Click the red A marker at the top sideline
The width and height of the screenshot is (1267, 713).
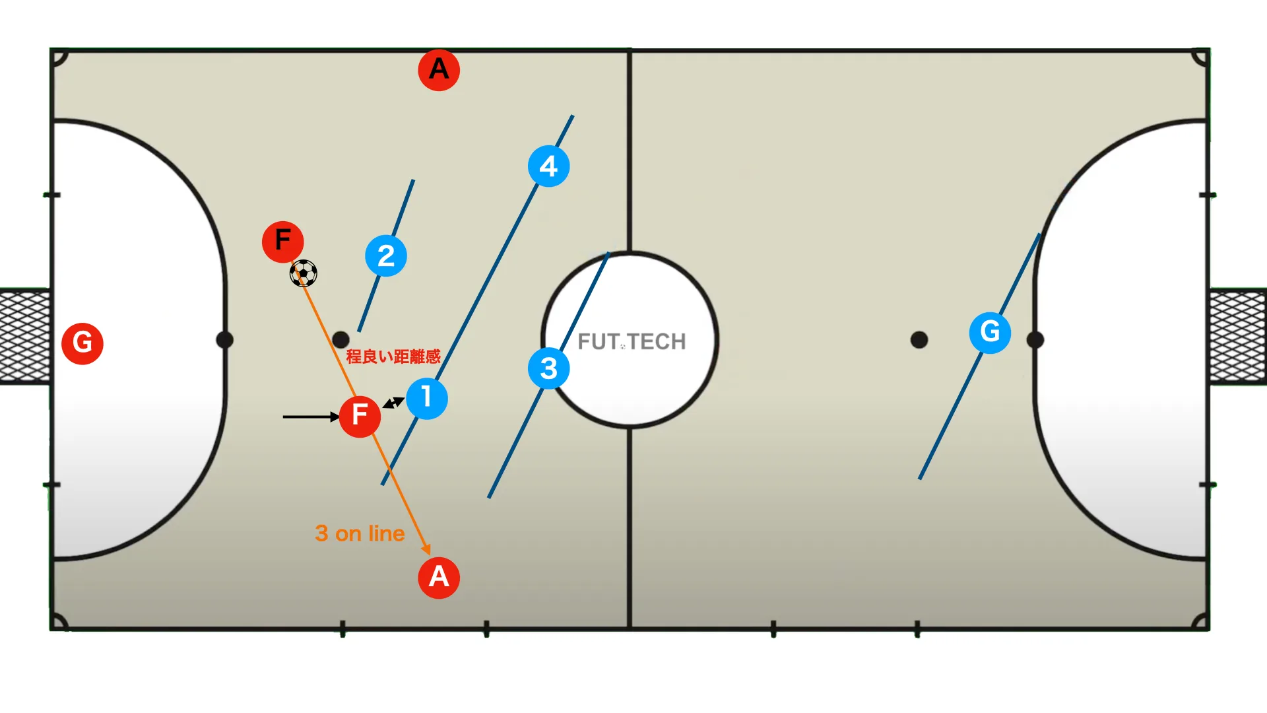point(439,69)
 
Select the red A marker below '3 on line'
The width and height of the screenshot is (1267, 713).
point(439,578)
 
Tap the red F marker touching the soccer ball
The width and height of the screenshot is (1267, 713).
point(283,242)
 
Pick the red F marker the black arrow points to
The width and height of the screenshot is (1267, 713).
point(360,416)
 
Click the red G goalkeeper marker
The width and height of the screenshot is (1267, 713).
point(82,343)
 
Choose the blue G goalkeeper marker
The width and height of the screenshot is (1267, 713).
point(991,332)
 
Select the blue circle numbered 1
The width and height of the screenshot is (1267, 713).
point(427,398)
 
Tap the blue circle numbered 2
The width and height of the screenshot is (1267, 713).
point(386,256)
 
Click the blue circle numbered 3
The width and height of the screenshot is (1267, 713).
point(549,368)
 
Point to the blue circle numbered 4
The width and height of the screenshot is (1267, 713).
point(549,166)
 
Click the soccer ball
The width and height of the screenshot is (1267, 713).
point(304,273)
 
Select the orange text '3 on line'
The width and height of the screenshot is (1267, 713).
point(360,533)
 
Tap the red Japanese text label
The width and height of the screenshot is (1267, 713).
point(393,356)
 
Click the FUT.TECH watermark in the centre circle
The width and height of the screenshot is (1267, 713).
point(632,341)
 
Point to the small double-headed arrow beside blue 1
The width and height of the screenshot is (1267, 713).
point(393,403)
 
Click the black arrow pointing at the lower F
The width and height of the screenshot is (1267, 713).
point(311,417)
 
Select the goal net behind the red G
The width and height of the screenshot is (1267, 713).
point(25,337)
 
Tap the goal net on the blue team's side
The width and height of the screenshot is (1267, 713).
point(1238,337)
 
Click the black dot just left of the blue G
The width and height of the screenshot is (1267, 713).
point(919,340)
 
